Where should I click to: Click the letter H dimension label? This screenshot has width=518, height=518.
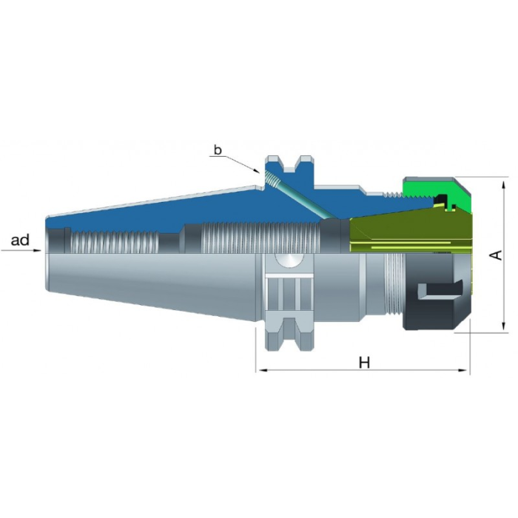pyautogui.click(x=364, y=363)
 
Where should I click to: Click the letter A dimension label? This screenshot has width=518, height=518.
pyautogui.click(x=495, y=255)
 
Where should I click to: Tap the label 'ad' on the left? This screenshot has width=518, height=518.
pyautogui.click(x=20, y=240)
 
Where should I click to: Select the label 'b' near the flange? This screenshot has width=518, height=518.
pyautogui.click(x=218, y=150)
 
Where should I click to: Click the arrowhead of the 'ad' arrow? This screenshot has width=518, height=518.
pyautogui.click(x=38, y=250)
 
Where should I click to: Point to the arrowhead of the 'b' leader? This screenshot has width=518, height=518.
pyautogui.click(x=256, y=170)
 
